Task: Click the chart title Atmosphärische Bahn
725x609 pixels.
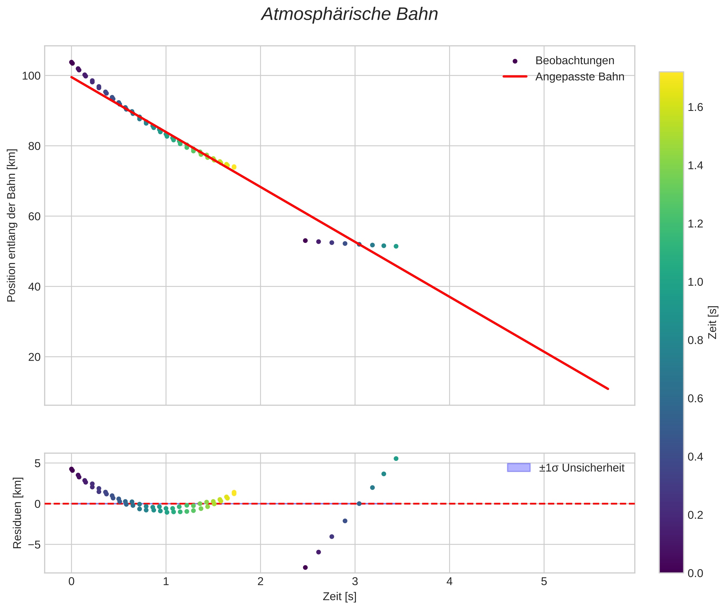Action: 349,14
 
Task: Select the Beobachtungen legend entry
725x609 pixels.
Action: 574,61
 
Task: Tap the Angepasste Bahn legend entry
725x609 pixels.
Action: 580,77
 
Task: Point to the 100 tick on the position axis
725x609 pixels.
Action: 31,76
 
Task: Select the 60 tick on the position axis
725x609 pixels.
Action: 34,216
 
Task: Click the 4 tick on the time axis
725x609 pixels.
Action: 449,582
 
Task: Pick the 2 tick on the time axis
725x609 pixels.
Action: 260,582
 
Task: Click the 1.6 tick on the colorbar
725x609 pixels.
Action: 695,107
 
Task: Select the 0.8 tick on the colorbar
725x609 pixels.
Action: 695,340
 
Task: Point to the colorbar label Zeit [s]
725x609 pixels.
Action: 713,322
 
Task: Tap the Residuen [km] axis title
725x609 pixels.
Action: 17,513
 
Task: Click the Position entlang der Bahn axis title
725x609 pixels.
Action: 12,225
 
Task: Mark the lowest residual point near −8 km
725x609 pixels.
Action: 305,568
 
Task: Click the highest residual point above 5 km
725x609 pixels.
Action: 396,459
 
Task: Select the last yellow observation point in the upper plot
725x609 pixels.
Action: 234,167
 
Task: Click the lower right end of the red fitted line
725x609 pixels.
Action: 608,389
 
